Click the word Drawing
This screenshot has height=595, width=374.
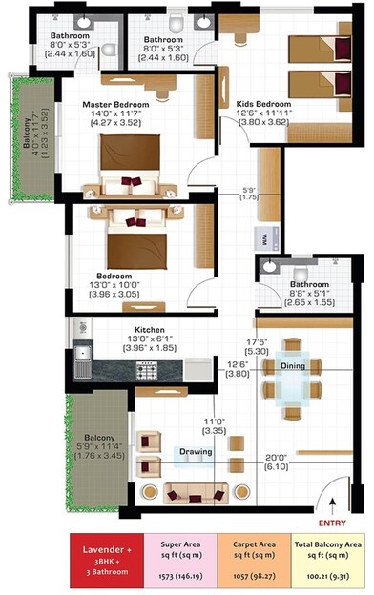(x=196, y=451)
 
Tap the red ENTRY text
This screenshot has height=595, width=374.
(x=334, y=523)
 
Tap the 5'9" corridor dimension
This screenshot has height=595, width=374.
(x=250, y=191)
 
